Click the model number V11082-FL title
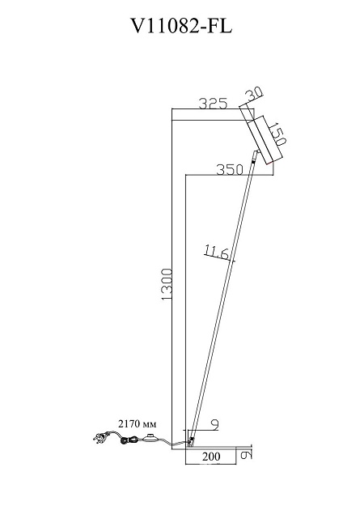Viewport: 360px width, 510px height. [x=180, y=27]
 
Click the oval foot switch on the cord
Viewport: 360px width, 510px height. [x=150, y=440]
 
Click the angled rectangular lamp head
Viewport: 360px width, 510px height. [x=264, y=141]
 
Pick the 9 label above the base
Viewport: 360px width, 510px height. [x=214, y=423]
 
